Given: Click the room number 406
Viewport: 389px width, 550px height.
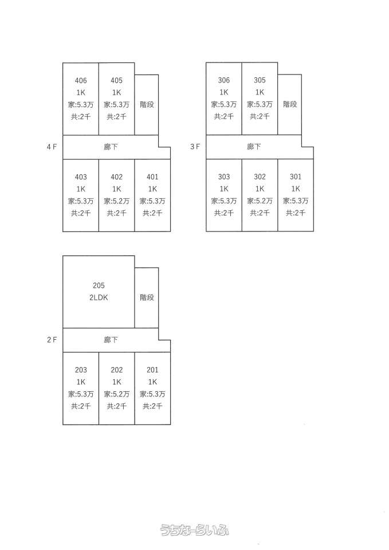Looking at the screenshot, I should pos(81,80).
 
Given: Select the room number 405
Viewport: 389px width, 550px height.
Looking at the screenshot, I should pos(116,80).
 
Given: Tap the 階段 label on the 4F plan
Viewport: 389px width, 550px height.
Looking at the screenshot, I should pos(147,104).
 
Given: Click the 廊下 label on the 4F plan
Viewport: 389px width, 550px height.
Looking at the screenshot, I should pos(111,147).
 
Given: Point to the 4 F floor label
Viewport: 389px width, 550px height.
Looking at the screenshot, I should pos(52,147).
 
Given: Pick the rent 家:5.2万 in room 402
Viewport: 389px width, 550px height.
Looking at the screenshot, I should pos(116,201).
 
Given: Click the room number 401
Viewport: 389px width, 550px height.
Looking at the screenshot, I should pos(152,176).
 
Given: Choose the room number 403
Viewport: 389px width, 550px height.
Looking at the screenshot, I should pos(81,176).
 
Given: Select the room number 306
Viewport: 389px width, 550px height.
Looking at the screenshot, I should pos(224,80).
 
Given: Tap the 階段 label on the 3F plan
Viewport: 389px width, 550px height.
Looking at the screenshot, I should pos(290,104).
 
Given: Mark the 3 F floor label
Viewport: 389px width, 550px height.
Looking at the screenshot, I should pos(195,147).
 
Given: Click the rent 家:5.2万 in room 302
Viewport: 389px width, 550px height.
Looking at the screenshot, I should pos(260,201).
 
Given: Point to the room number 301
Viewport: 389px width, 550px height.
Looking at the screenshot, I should pos(296,176).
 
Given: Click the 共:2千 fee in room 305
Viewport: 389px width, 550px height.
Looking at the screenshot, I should pos(260,116).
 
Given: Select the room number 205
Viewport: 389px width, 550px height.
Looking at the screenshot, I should pos(99,285).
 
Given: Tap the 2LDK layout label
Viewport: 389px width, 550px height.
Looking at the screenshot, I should pos(99,298).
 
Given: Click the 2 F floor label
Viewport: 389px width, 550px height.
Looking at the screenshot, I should pos(52,340).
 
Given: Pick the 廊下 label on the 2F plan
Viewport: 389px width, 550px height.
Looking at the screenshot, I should pos(111,340).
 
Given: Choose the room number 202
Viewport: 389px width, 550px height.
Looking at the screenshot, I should pos(116,370).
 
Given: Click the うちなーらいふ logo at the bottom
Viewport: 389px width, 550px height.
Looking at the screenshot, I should pos(195,530).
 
